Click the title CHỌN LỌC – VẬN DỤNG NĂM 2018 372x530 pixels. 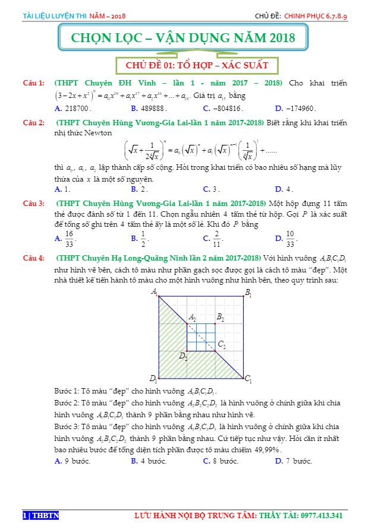[x=183, y=39]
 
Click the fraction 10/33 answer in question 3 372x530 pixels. [x=290, y=239]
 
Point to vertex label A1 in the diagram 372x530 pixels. [x=155, y=291]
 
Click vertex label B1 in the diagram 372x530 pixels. [x=248, y=293]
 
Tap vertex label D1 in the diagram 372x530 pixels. [x=153, y=379]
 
